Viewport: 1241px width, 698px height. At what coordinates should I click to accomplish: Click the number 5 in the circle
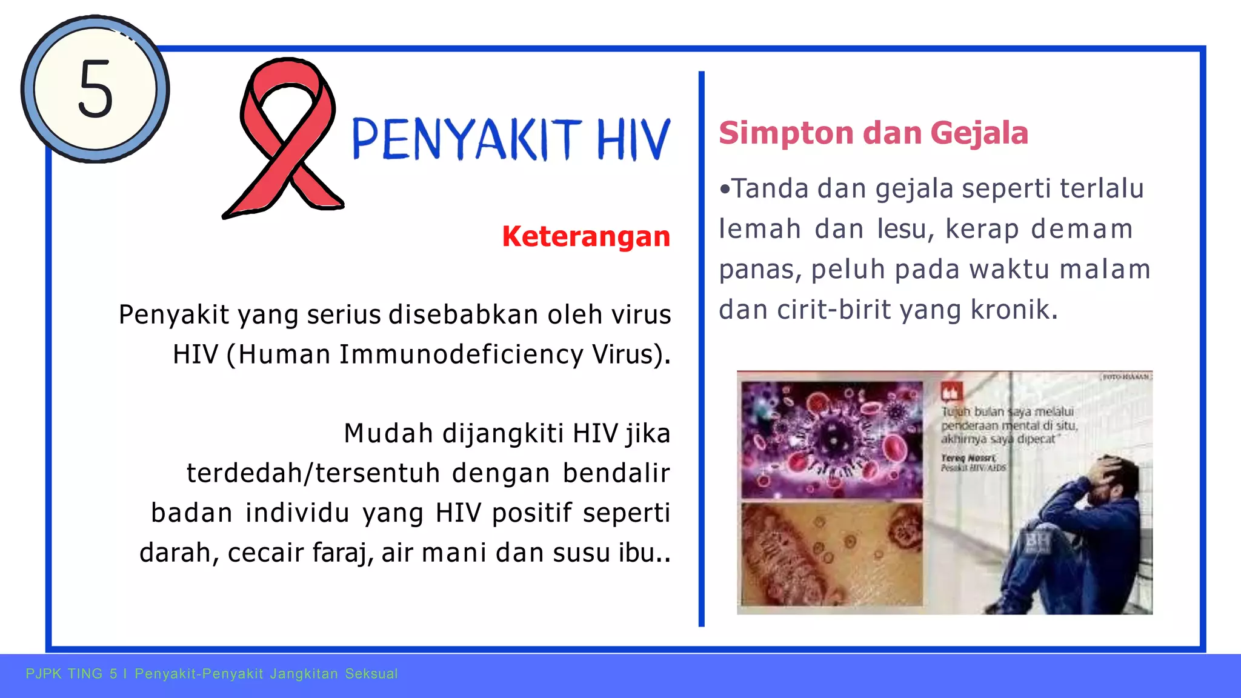tap(96, 90)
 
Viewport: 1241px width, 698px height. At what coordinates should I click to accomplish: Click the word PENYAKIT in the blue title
tap(467, 139)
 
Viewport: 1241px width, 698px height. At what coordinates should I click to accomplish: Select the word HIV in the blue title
tap(633, 139)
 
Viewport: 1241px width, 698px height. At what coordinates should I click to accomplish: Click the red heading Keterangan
tap(586, 236)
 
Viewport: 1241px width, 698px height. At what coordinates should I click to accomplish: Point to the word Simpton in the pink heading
tap(785, 133)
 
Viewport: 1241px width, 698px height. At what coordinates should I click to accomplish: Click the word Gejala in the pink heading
tap(979, 133)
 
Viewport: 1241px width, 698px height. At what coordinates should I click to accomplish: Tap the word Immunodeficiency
tap(461, 354)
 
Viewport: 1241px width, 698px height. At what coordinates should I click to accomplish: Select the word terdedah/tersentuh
tap(313, 473)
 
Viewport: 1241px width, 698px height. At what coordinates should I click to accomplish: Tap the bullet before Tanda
tap(725, 189)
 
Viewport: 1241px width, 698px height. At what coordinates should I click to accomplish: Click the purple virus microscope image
tap(831, 439)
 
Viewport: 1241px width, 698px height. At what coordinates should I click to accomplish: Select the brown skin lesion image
tap(831, 554)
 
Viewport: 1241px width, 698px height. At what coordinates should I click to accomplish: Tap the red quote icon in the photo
tap(950, 392)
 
